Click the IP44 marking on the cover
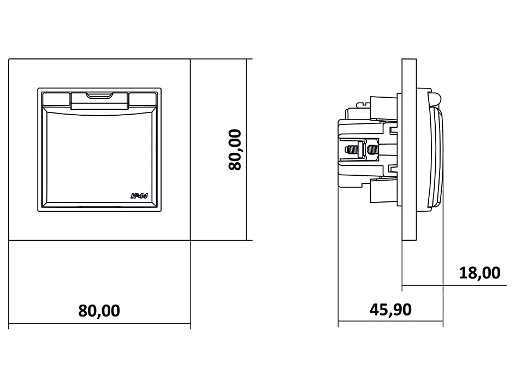click(x=139, y=196)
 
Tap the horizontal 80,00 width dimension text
click(x=99, y=311)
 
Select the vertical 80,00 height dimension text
click(x=235, y=150)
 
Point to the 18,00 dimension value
click(x=479, y=273)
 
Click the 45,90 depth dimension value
click(x=390, y=309)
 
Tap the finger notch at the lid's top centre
click(x=99, y=97)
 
